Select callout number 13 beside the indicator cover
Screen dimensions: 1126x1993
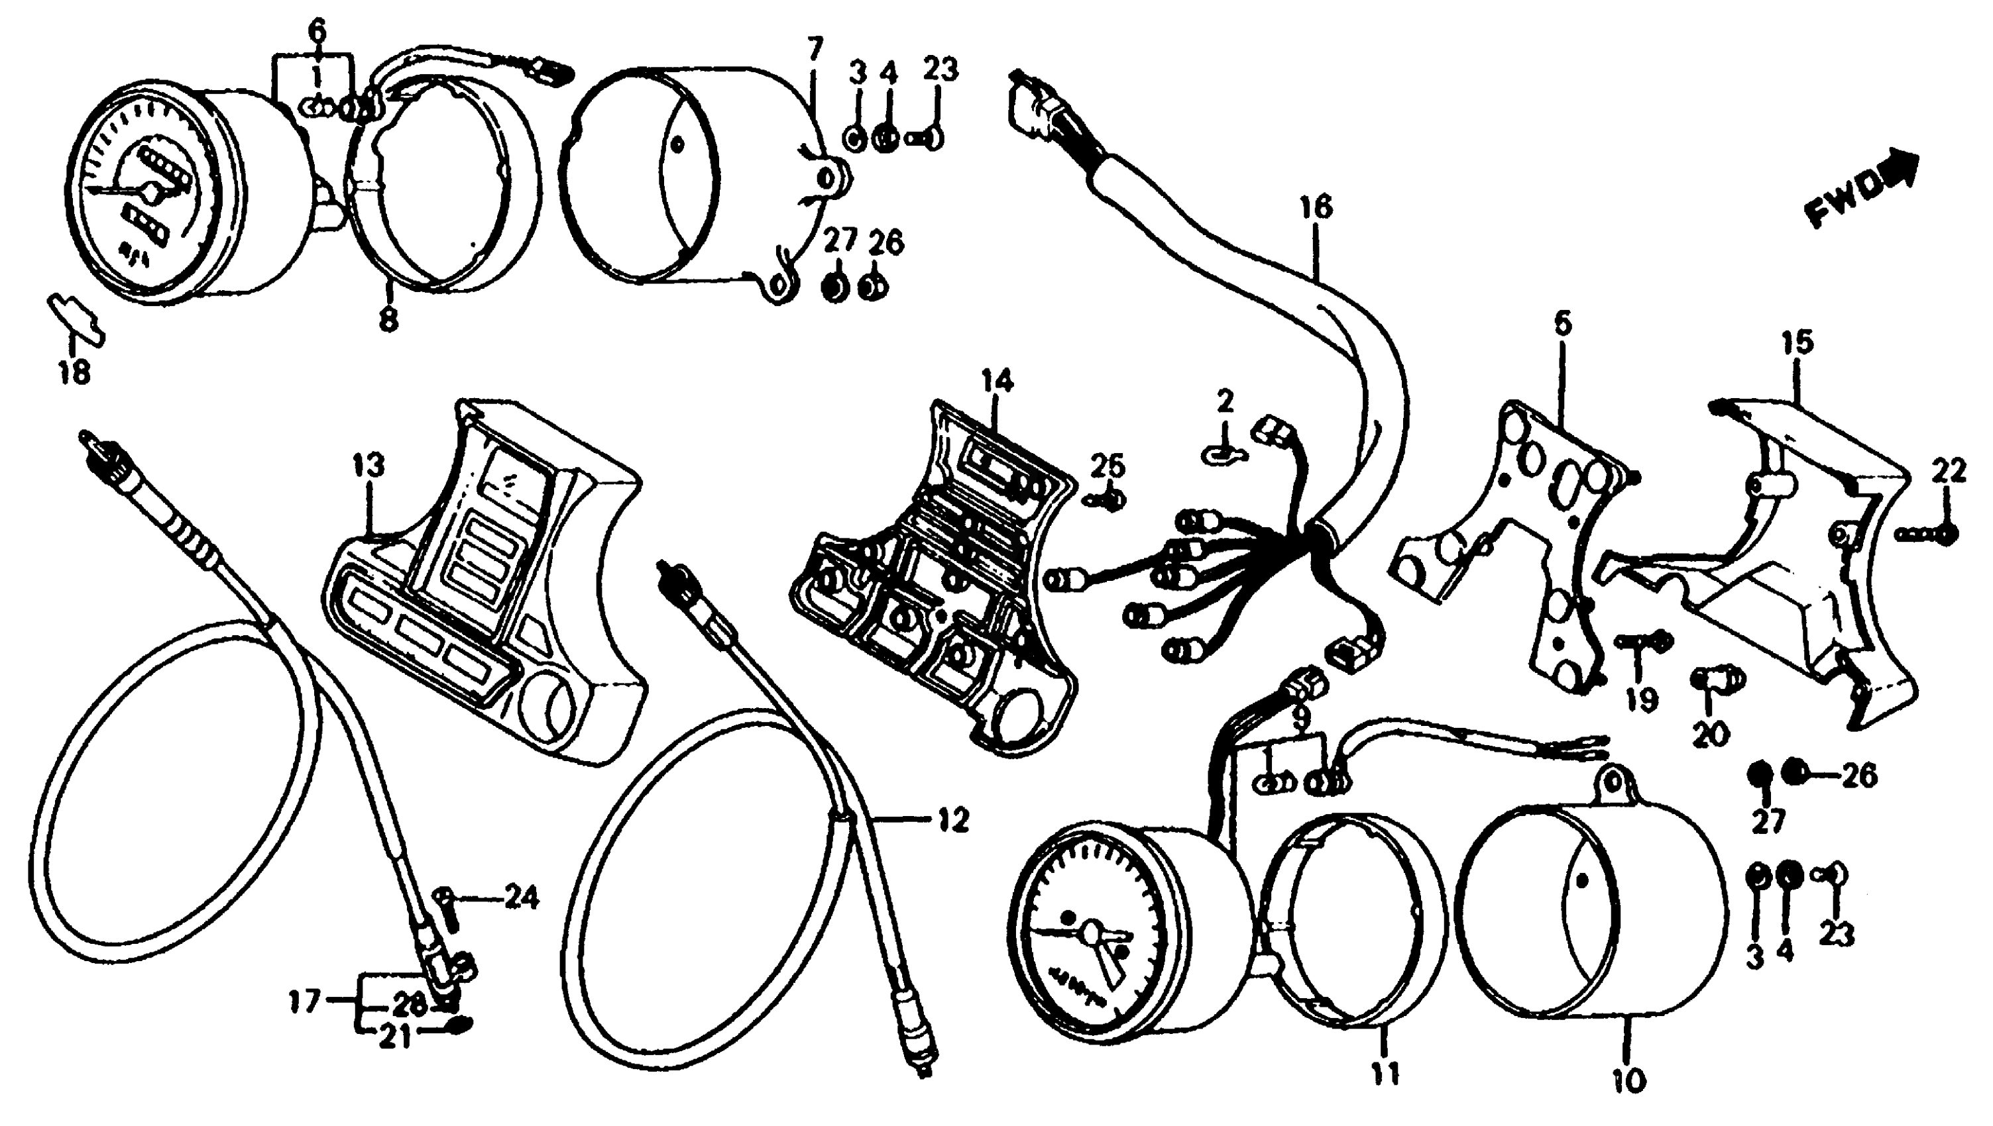pos(369,466)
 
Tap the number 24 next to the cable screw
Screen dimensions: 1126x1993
pos(522,899)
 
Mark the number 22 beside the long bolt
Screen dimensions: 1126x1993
pos(1949,471)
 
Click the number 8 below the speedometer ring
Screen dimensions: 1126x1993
pos(388,317)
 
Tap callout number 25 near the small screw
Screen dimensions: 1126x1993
pos(1108,466)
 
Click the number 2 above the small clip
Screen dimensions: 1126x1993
pos(1225,401)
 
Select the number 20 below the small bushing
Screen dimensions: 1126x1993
pos(1711,733)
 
